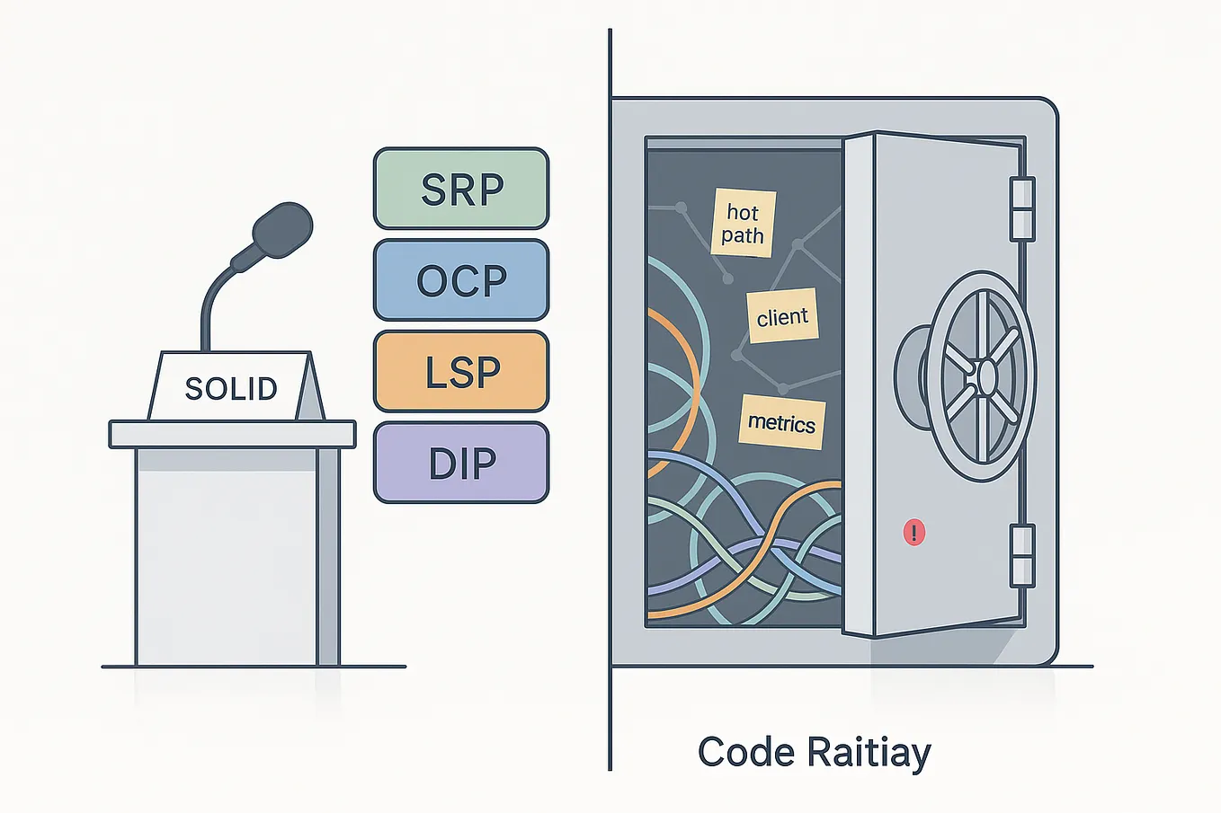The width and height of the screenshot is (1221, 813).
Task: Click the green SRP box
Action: click(x=460, y=189)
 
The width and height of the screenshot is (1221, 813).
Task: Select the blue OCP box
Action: click(x=460, y=280)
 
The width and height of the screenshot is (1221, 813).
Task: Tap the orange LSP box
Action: click(x=460, y=371)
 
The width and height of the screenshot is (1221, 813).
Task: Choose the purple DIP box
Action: click(x=460, y=463)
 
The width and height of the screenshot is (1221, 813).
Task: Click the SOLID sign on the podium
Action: click(x=231, y=387)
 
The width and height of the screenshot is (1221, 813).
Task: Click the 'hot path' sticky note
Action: click(x=743, y=224)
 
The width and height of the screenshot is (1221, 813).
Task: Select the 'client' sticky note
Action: click(x=782, y=316)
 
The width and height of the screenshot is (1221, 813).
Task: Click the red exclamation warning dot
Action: click(x=914, y=532)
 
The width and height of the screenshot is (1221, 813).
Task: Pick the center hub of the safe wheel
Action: click(x=985, y=376)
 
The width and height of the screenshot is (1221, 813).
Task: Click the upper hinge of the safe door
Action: click(x=1022, y=208)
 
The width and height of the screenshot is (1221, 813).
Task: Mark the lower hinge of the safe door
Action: click(x=1022, y=555)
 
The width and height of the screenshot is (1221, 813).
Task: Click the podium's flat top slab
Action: click(x=232, y=434)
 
